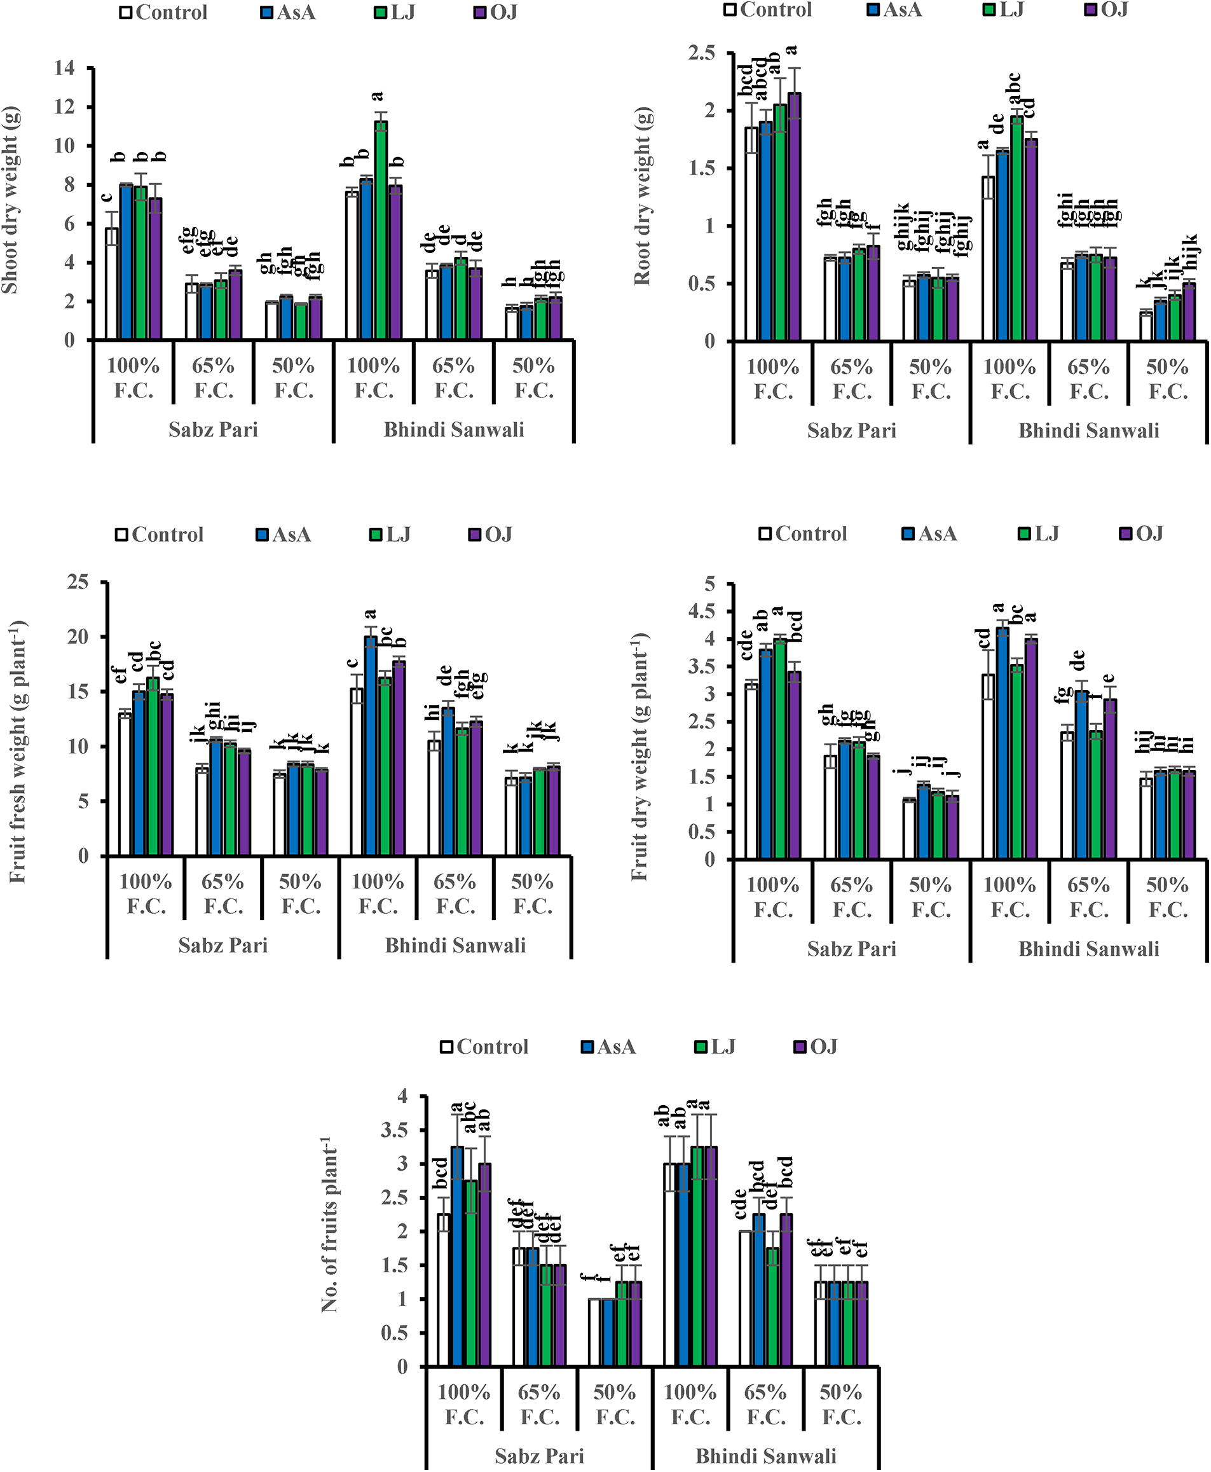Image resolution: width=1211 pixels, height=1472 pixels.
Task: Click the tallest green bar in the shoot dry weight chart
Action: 380,230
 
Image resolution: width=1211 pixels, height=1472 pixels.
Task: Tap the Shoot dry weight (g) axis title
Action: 10,200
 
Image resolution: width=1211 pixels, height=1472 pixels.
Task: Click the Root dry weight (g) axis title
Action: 643,196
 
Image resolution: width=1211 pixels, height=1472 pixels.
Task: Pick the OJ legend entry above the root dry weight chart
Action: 1108,10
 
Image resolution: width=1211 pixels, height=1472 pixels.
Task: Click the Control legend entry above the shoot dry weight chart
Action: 164,13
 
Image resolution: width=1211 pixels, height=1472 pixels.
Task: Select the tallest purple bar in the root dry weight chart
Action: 794,216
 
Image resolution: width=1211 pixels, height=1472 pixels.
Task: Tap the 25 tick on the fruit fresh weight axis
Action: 78,582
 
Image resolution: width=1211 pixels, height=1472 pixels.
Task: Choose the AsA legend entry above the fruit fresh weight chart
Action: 284,535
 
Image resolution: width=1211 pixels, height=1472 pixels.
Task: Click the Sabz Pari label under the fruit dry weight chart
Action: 851,949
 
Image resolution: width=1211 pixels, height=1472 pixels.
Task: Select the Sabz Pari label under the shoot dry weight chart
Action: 213,429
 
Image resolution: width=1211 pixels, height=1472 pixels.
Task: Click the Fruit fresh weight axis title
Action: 18,752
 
